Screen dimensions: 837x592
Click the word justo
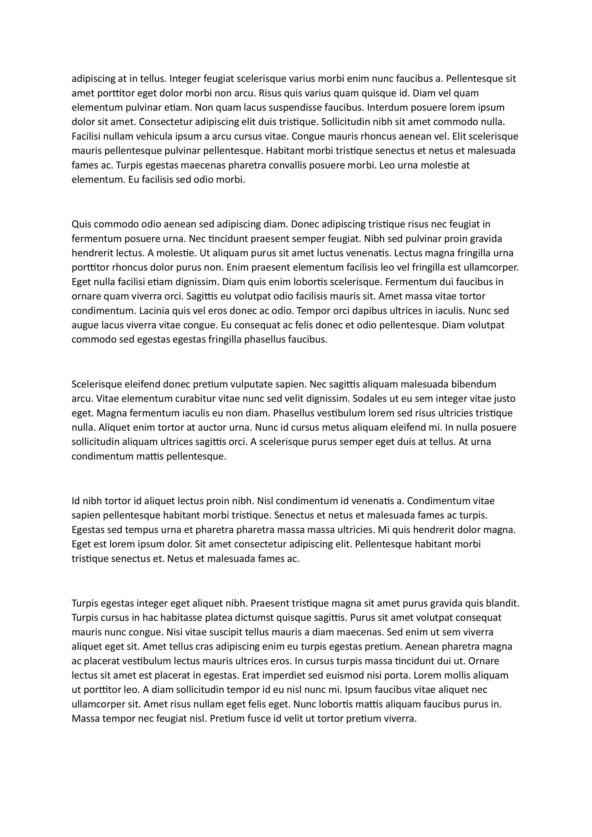504,398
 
